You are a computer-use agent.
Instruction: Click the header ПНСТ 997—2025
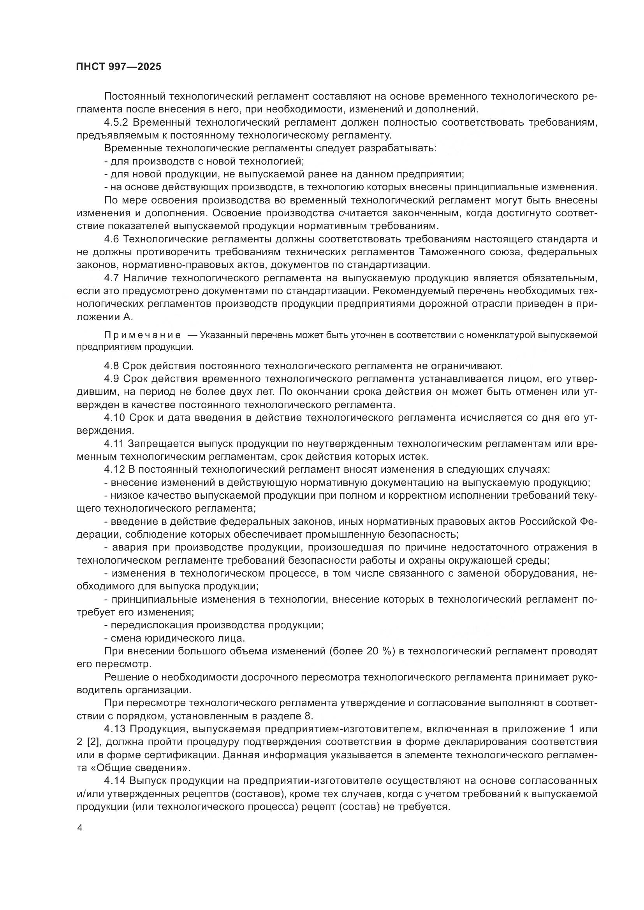point(119,67)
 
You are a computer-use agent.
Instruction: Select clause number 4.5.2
point(116,123)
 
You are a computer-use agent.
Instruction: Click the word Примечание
point(143,335)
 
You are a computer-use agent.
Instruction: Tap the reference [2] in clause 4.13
point(92,742)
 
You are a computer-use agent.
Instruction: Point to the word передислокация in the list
point(151,625)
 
